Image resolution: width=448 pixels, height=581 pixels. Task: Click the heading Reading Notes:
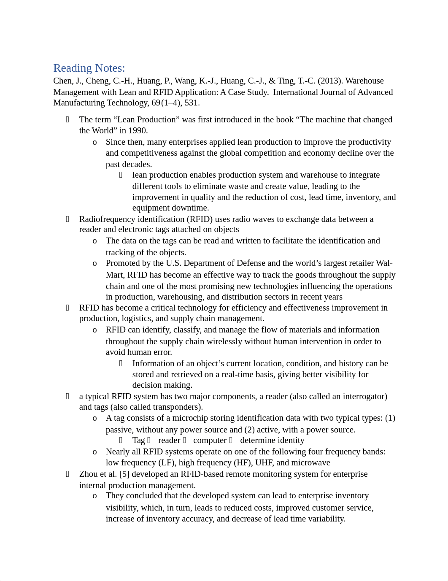[89, 68]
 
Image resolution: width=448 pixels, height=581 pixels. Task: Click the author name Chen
[62, 81]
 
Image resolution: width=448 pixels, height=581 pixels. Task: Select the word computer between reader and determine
[210, 440]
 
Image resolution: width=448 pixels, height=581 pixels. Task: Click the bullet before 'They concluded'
[95, 496]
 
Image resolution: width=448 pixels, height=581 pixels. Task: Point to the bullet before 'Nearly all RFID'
[95, 452]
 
